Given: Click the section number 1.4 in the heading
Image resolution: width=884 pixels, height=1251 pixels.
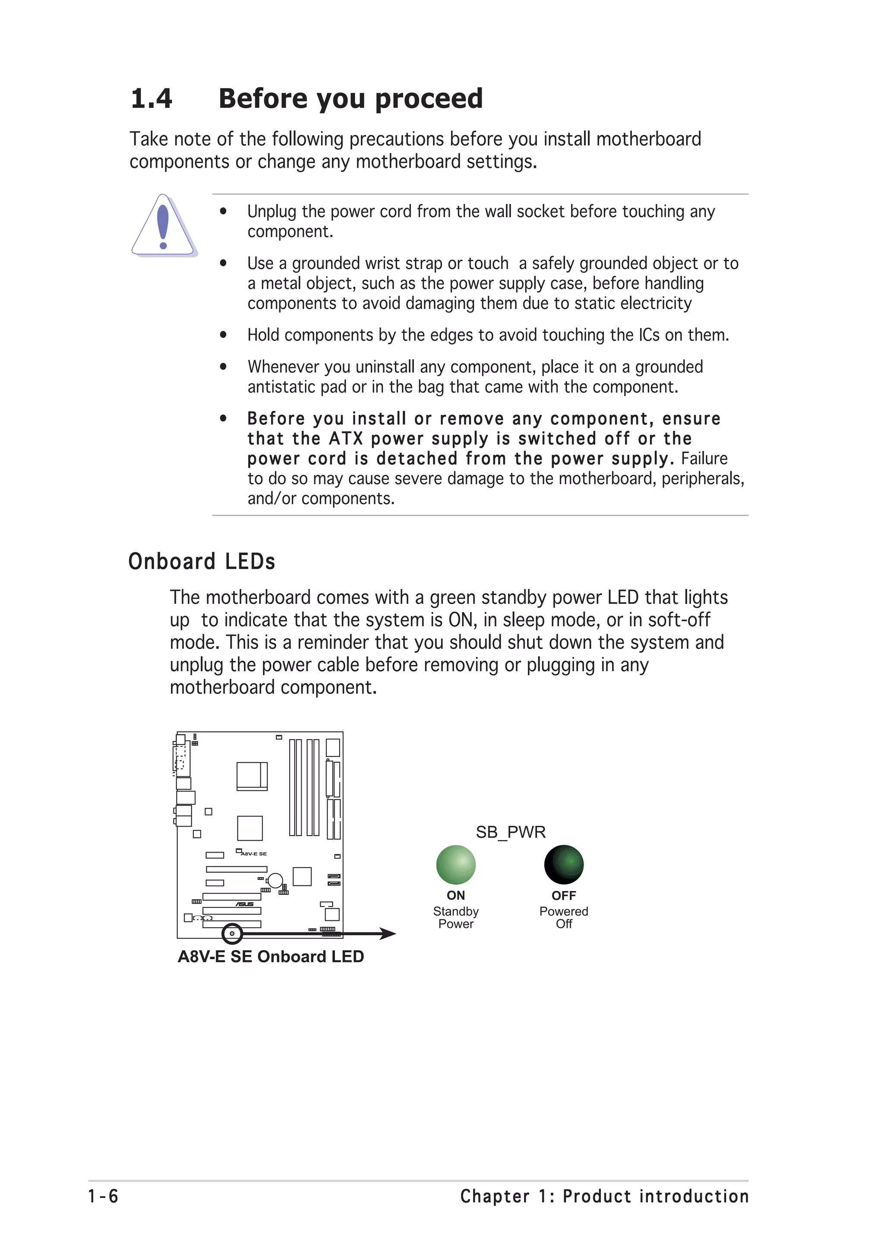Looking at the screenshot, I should coord(152,98).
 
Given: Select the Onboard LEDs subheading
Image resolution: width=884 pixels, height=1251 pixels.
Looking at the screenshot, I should coord(202,561).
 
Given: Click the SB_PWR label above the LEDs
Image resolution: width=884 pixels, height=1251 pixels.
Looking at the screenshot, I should coord(510,831).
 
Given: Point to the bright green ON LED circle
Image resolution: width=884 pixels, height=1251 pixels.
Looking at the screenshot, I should coord(456,864).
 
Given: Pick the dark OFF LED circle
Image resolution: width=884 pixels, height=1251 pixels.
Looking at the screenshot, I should coord(564,864).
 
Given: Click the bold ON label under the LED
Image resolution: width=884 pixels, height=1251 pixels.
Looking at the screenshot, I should coord(456,895).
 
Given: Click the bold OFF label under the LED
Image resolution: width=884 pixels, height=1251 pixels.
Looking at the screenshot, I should coord(564,895).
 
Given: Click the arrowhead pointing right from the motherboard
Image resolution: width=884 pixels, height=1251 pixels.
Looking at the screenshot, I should coord(388,933).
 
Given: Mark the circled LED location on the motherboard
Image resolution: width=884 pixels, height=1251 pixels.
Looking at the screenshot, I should coord(232,933).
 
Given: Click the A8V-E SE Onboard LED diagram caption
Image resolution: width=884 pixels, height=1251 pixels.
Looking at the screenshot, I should coord(271,956).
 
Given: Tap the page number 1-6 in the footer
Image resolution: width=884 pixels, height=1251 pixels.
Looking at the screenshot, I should coord(103,1196).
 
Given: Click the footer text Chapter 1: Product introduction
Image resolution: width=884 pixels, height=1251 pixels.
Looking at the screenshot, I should coord(604,1196).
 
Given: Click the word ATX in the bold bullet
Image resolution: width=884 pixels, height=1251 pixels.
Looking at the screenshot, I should coord(345,439).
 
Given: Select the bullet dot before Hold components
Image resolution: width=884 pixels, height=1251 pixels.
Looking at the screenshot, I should coord(223,335).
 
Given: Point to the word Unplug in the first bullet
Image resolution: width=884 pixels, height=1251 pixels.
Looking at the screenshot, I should coord(272,212).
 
